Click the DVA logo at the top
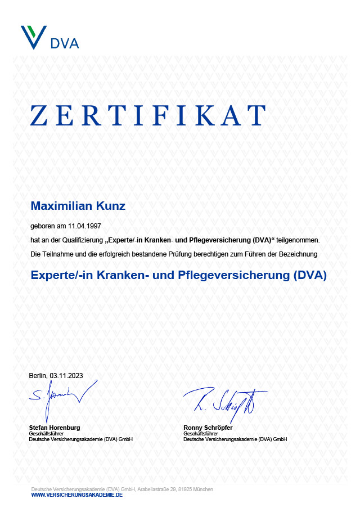point(49,38)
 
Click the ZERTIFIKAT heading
point(147,115)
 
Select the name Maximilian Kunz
point(78,206)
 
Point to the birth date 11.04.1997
point(84,225)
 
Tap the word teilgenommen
point(301,240)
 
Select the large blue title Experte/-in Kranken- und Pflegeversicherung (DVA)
point(178,275)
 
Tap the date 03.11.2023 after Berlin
point(66,375)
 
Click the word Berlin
point(38,375)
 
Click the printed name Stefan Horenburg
point(54,428)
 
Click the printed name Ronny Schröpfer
point(208,428)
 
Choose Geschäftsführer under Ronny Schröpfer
point(200,433)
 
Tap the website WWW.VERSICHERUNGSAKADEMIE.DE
point(76,494)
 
